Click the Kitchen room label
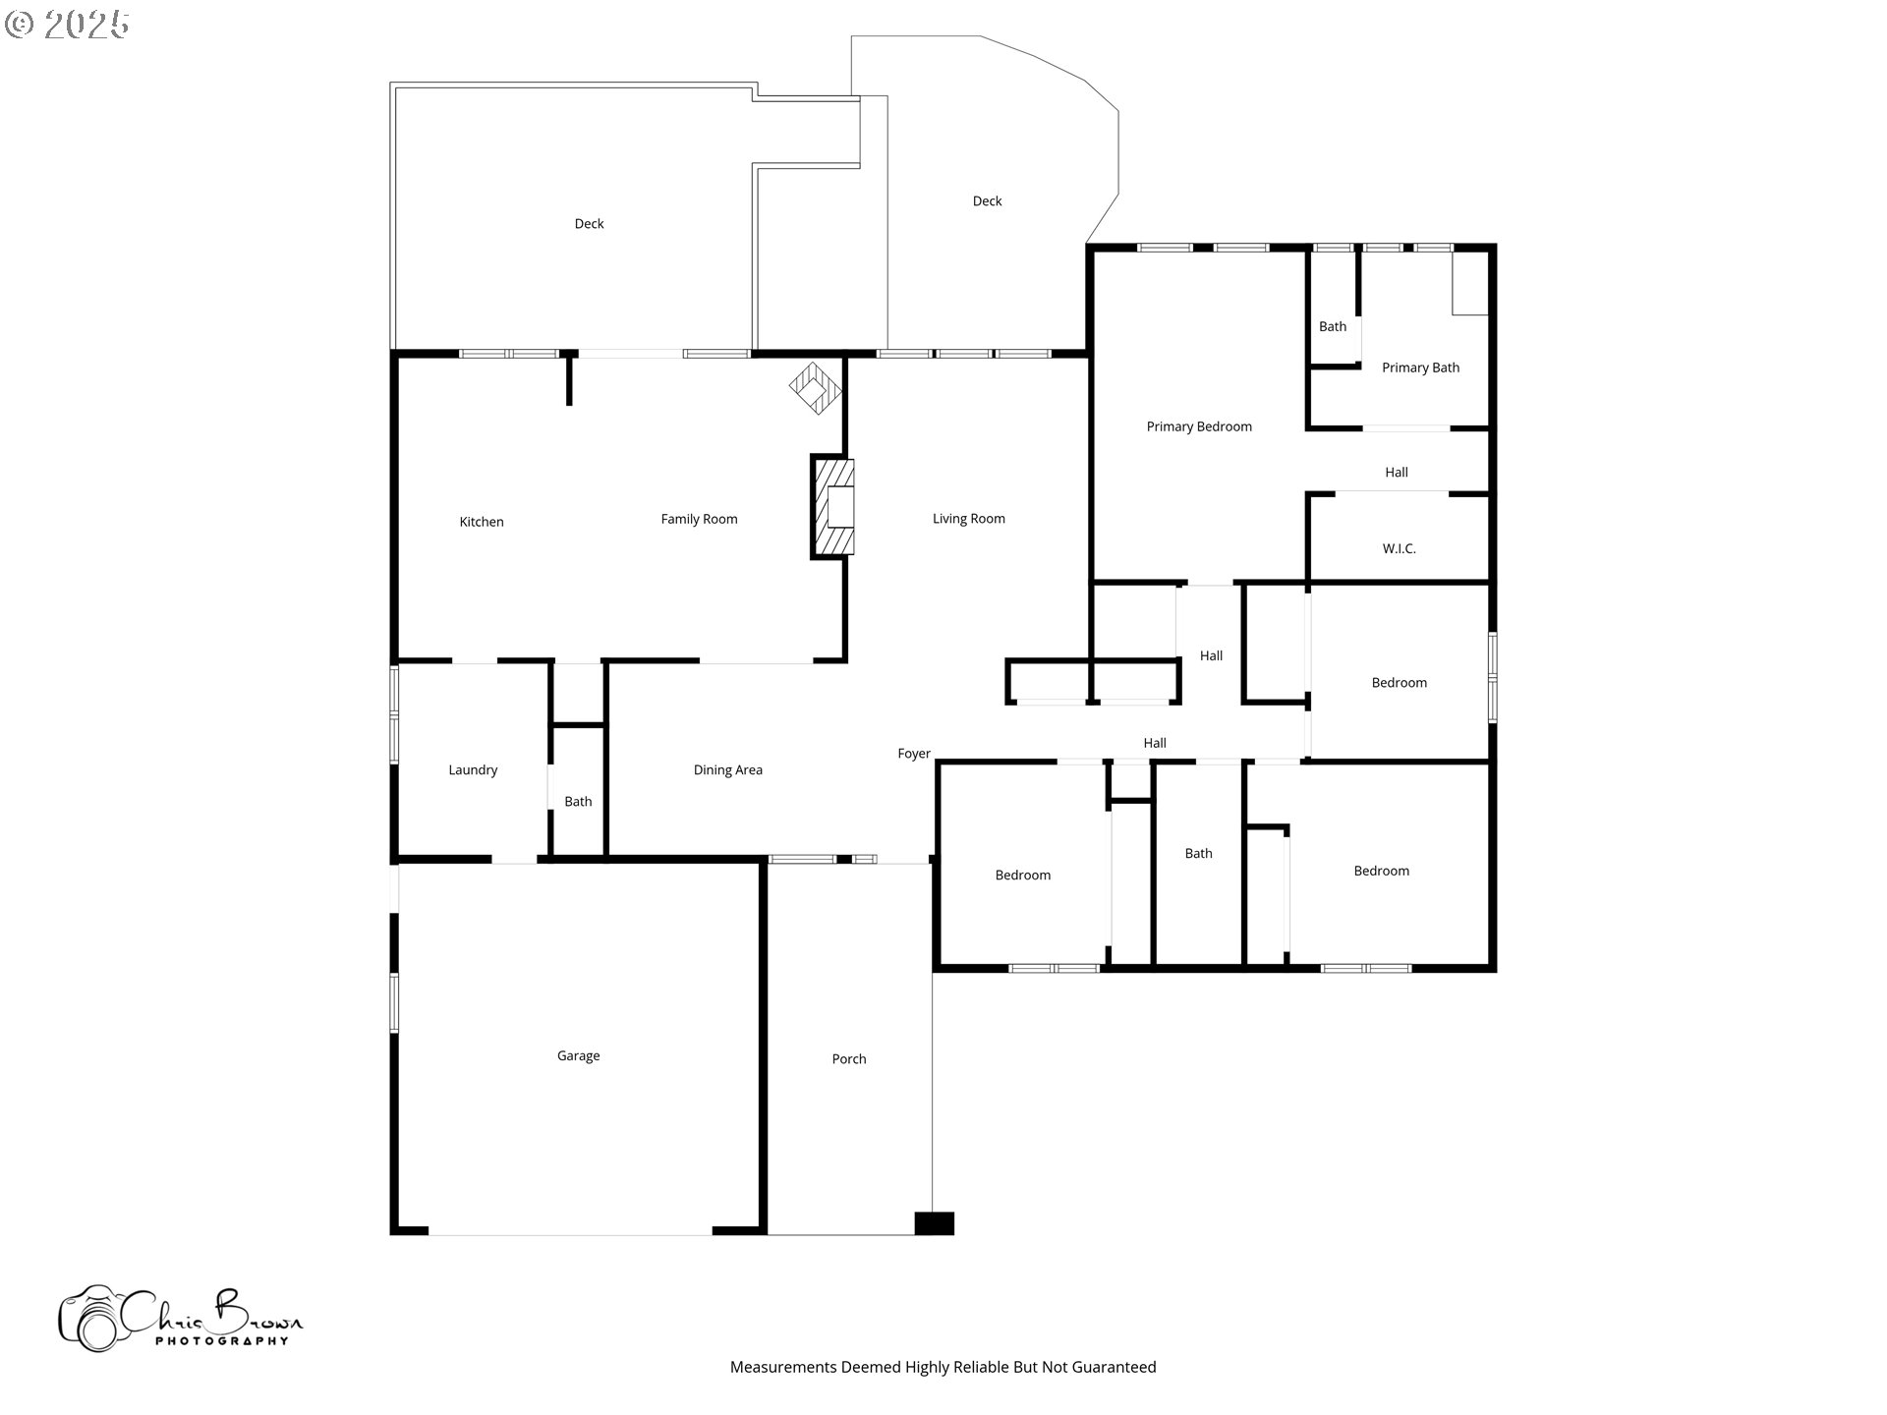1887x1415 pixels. pyautogui.click(x=482, y=522)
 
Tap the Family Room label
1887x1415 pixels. pyautogui.click(x=699, y=519)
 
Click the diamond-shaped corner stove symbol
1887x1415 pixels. pyautogui.click(x=816, y=388)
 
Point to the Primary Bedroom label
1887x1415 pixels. pyautogui.click(x=1199, y=426)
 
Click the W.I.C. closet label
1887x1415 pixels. pyautogui.click(x=1399, y=548)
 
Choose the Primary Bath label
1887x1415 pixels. pyautogui.click(x=1420, y=368)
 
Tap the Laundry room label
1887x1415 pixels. pyautogui.click(x=473, y=769)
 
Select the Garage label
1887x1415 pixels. pyautogui.click(x=578, y=1055)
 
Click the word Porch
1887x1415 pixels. pyautogui.click(x=849, y=1058)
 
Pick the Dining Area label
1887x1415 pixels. pyautogui.click(x=727, y=769)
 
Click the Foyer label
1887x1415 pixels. pyautogui.click(x=914, y=754)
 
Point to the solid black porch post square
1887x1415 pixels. pyautogui.click(x=934, y=1223)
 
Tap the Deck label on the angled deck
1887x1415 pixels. pyautogui.click(x=987, y=200)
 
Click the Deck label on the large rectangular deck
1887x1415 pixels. pyautogui.click(x=589, y=223)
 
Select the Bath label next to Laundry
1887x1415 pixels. pyautogui.click(x=578, y=801)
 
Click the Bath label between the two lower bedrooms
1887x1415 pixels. pyautogui.click(x=1198, y=853)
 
